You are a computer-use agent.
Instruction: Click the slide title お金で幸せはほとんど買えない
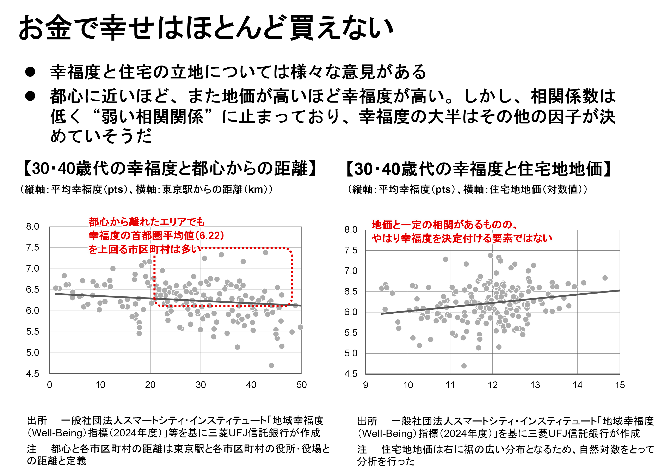(206, 28)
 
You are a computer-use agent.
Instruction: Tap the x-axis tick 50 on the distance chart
(301, 385)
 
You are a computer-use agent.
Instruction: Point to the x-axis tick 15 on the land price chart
(620, 385)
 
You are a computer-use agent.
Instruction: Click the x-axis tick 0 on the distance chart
(49, 385)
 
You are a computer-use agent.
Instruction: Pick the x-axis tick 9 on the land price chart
(365, 385)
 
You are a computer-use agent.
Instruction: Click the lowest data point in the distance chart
(271, 365)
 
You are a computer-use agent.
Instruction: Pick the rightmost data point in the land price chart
(605, 278)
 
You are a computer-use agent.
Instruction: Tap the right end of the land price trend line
(619, 290)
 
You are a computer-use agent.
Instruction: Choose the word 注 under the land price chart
(362, 449)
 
